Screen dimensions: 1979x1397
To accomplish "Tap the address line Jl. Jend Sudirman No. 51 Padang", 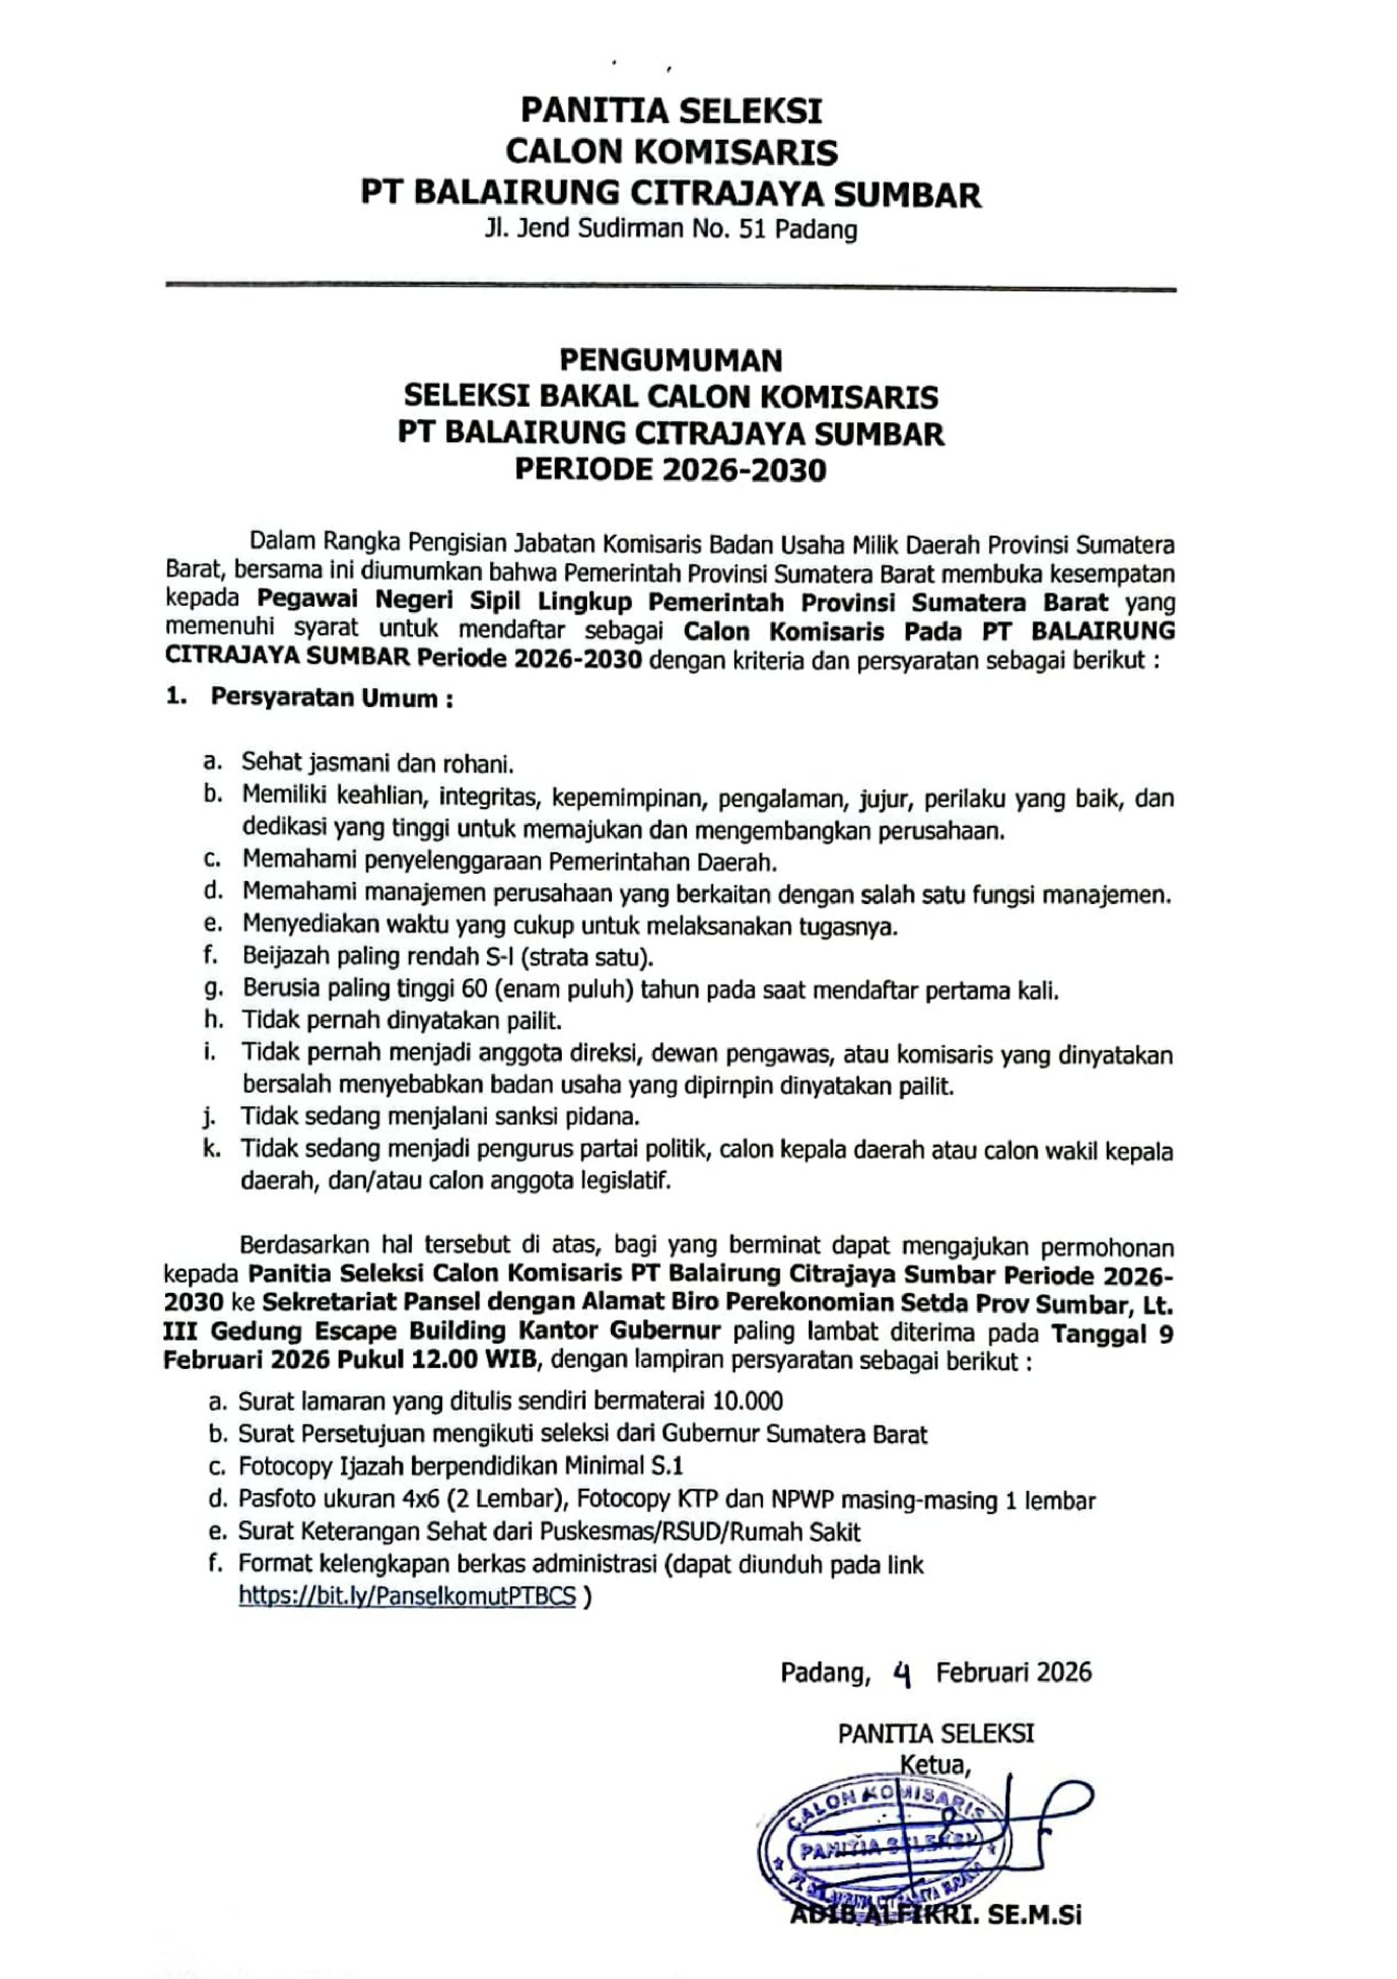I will pyautogui.click(x=672, y=230).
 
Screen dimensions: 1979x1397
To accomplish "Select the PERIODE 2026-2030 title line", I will pyautogui.click(x=672, y=471).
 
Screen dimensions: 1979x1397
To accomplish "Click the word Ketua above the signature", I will pyautogui.click(x=935, y=1766).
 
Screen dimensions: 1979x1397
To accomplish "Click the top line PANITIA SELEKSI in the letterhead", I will pyautogui.click(x=672, y=111).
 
